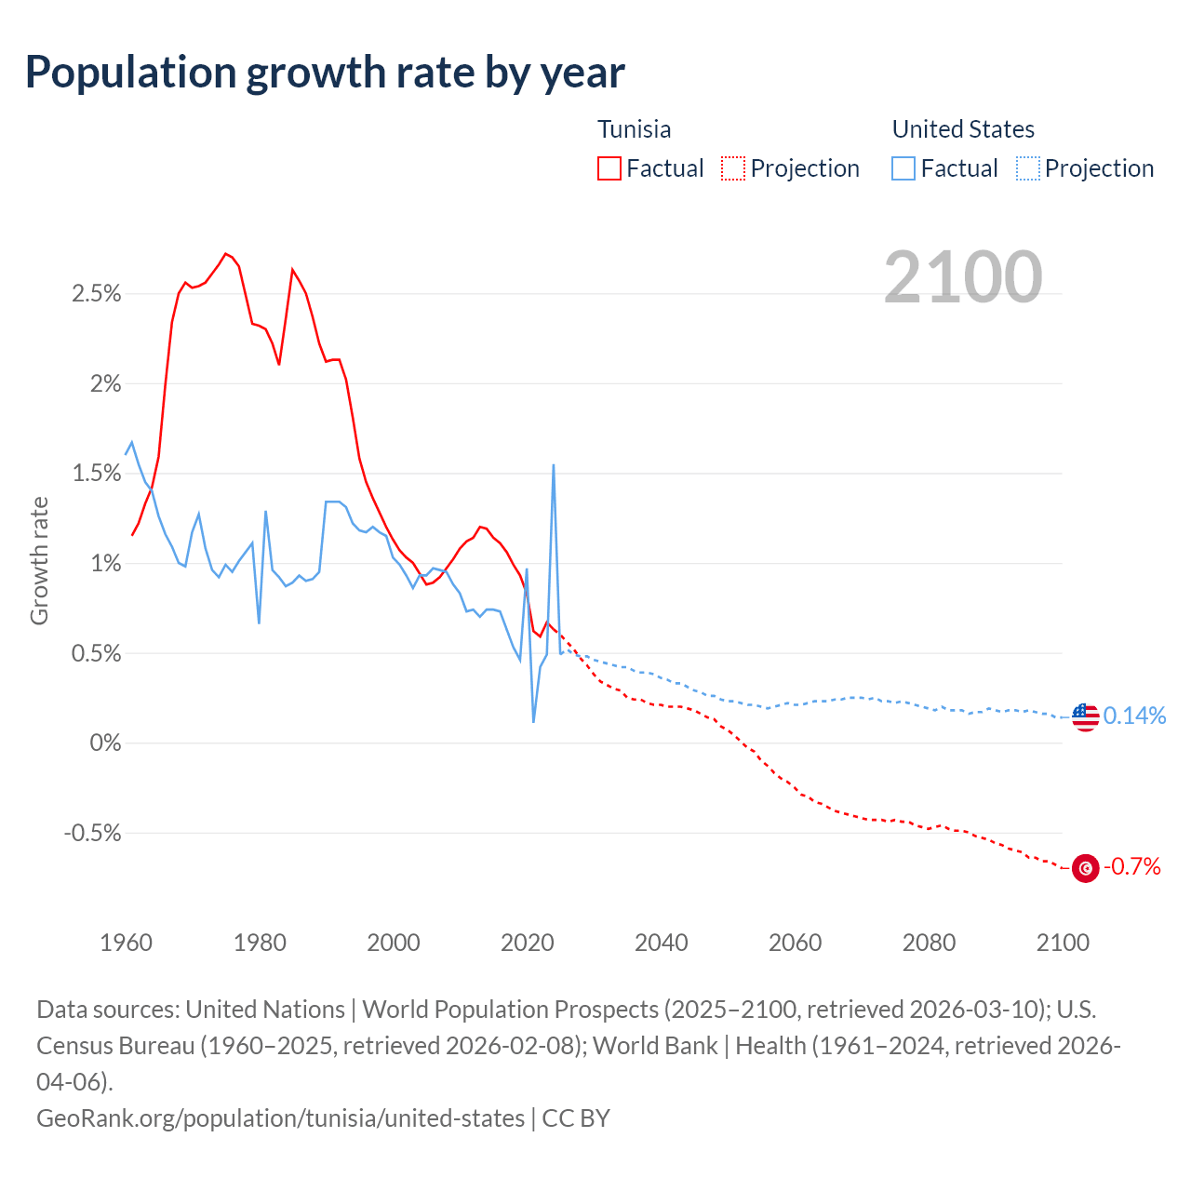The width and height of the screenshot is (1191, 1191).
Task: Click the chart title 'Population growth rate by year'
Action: point(325,73)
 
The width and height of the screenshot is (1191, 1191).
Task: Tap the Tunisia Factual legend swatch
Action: point(609,168)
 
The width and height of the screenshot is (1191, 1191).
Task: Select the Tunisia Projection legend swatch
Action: point(733,168)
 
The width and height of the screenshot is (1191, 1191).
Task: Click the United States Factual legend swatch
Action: point(903,168)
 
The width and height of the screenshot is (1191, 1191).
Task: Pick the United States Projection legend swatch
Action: point(1028,168)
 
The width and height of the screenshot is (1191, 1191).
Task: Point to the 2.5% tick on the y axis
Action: point(96,294)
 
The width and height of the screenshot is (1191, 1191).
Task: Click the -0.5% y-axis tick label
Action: point(92,833)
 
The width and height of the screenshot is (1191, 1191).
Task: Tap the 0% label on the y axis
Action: point(105,743)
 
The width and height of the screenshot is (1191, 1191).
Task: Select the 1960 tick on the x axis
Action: point(126,943)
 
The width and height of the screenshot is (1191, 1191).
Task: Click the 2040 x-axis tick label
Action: point(661,943)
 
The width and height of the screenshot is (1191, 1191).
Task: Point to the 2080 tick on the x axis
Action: point(929,943)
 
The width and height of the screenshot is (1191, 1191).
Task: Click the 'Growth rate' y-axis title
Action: point(39,561)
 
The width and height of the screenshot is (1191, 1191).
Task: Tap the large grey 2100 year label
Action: point(962,276)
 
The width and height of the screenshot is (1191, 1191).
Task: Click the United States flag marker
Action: point(1085,716)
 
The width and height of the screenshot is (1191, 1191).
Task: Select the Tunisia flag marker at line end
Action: point(1085,868)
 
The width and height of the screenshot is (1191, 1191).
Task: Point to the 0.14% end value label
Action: point(1134,716)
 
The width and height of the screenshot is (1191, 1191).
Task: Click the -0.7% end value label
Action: point(1131,867)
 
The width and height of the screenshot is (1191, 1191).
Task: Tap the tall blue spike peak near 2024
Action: point(554,465)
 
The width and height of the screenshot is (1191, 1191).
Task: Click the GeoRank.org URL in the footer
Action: point(280,1117)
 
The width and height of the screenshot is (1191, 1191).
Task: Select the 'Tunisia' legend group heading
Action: point(634,129)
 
